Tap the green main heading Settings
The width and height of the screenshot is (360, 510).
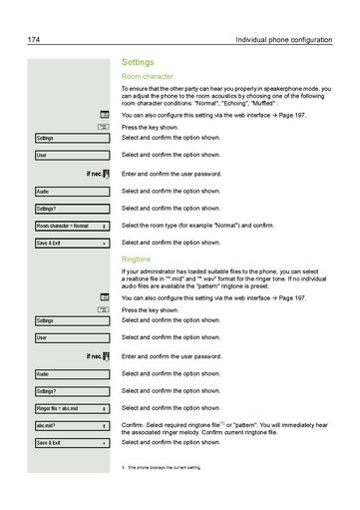[x=138, y=62]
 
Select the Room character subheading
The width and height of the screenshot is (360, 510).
[x=148, y=76]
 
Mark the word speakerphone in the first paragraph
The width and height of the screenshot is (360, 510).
[x=276, y=89]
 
